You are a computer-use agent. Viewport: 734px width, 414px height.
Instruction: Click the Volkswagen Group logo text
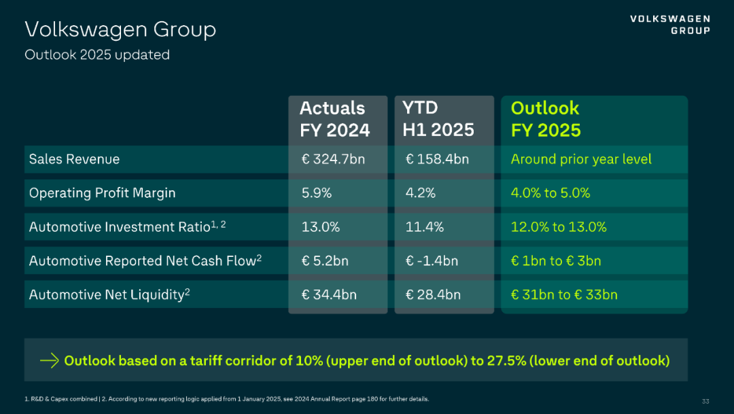pyautogui.click(x=669, y=24)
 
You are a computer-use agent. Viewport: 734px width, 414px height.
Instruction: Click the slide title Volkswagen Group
pyautogui.click(x=120, y=29)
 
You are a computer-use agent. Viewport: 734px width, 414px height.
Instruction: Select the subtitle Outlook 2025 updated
pyautogui.click(x=97, y=54)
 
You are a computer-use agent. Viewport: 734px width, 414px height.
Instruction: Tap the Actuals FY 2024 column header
pyautogui.click(x=334, y=119)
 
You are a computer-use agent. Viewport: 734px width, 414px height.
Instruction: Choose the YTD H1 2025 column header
pyautogui.click(x=438, y=119)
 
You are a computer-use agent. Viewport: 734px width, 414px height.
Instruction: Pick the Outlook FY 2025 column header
pyautogui.click(x=546, y=119)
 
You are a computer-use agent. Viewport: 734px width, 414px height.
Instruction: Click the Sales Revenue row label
pyautogui.click(x=74, y=159)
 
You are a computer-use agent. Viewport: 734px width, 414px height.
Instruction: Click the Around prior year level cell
pyautogui.click(x=581, y=159)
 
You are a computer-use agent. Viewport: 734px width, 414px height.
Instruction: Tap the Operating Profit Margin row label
pyautogui.click(x=102, y=193)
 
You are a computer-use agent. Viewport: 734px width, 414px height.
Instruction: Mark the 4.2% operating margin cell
pyautogui.click(x=421, y=193)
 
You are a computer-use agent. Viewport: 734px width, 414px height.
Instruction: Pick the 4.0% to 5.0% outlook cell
pyautogui.click(x=550, y=193)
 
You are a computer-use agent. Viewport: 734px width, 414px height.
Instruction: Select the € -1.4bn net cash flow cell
pyautogui.click(x=432, y=261)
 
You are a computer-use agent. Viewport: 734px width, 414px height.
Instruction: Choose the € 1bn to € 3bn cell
pyautogui.click(x=556, y=261)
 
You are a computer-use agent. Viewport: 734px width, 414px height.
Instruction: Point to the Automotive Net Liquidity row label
pyautogui.click(x=109, y=295)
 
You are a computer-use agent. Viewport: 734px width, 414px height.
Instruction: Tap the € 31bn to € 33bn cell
pyautogui.click(x=564, y=295)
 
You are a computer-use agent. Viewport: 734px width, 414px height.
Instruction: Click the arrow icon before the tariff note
pyautogui.click(x=50, y=360)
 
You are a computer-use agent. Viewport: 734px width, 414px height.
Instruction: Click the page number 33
pyautogui.click(x=705, y=400)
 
